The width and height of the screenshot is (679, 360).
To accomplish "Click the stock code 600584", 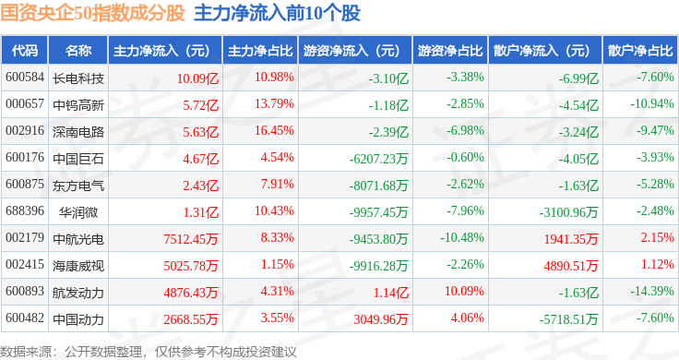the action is [25, 78].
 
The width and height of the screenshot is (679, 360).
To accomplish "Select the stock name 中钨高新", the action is [78, 105].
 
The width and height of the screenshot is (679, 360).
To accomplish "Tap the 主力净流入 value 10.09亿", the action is [197, 78].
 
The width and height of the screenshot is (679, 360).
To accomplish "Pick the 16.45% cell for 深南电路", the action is [274, 130].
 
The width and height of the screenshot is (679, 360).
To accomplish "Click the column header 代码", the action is [25, 51].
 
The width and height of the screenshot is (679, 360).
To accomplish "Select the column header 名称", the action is [78, 51].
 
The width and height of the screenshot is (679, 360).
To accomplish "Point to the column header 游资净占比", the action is [450, 51].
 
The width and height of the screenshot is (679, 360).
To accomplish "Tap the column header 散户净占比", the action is [640, 51].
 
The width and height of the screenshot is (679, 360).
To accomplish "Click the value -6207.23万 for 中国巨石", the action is [378, 159].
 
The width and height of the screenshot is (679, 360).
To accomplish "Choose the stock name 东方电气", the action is [78, 186].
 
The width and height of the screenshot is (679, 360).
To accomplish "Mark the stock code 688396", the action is [25, 211].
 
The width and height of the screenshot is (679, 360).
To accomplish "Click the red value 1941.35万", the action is [571, 239].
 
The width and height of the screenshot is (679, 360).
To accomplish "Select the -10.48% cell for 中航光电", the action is [462, 238].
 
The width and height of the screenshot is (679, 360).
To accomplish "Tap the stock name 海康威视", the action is [78, 266].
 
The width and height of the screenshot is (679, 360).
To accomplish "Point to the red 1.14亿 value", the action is [391, 293].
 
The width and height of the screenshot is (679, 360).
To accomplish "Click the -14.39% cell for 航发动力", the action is [651, 291].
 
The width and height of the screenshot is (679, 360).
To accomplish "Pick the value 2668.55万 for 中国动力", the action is [191, 319].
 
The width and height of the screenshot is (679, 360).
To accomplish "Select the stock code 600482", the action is [25, 318].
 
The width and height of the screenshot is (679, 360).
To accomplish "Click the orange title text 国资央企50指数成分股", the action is [92, 13].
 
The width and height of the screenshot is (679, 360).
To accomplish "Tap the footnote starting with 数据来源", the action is [149, 352].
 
